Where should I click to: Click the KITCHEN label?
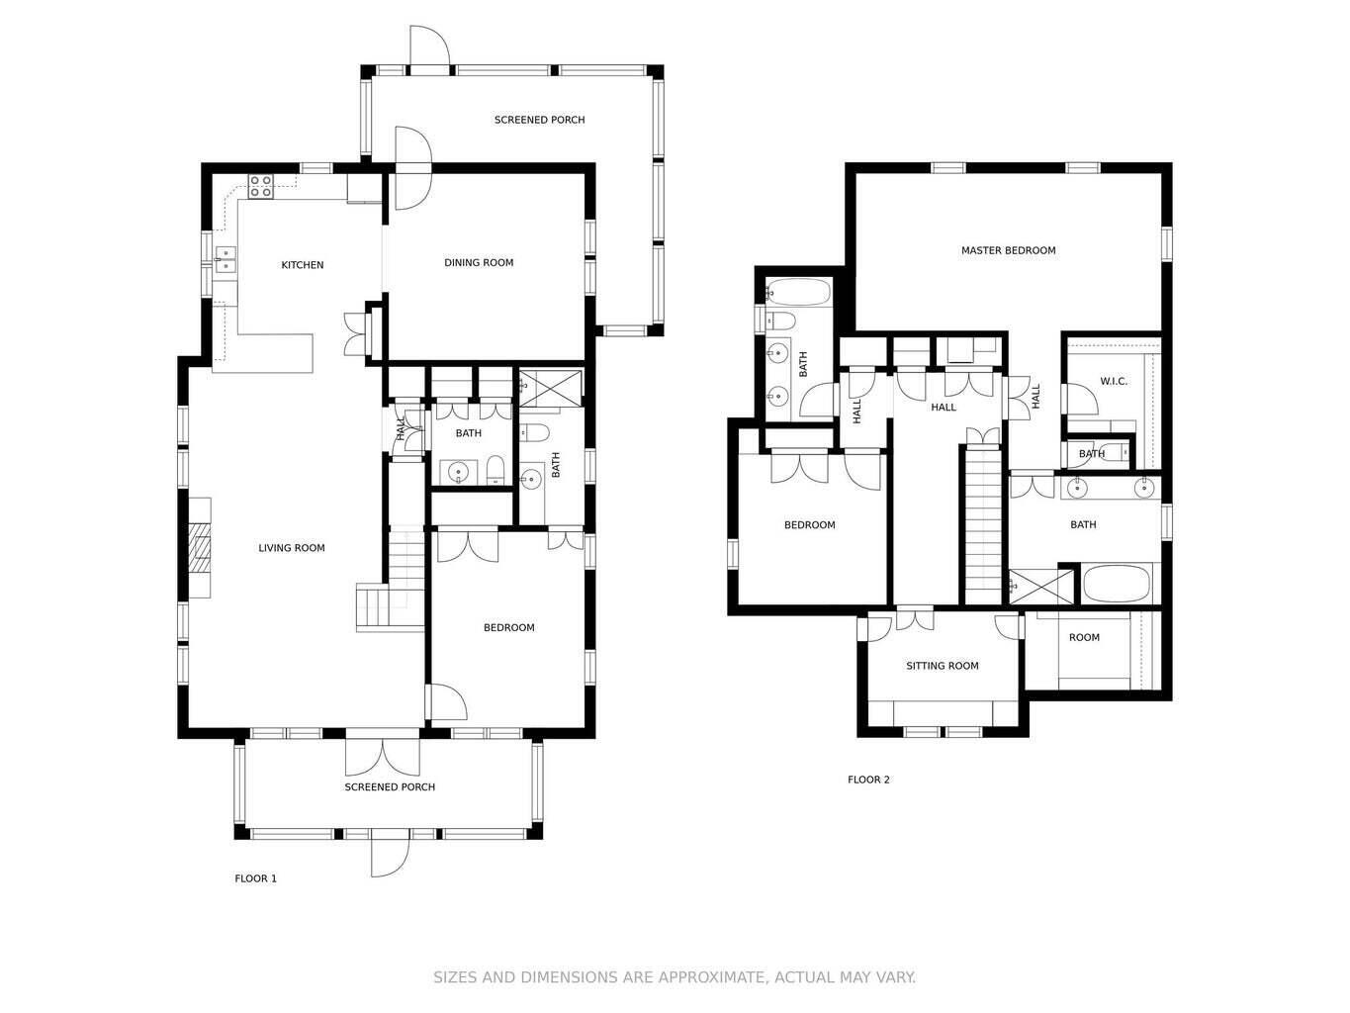click(x=302, y=265)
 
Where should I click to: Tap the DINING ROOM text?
click(x=479, y=263)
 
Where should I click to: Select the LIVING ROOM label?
click(x=292, y=548)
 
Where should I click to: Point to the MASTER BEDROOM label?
click(x=1008, y=251)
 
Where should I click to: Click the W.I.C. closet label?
click(x=1114, y=382)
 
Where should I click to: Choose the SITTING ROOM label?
click(x=942, y=667)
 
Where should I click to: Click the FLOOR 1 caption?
click(x=255, y=878)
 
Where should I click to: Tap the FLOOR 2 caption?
click(x=868, y=780)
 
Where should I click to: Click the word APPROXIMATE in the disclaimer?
click(x=692, y=977)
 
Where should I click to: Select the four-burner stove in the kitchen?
click(x=261, y=186)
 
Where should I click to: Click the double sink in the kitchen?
click(x=225, y=259)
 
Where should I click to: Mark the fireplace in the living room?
click(x=201, y=547)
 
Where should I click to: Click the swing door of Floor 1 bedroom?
click(x=448, y=701)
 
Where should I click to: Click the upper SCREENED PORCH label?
click(x=539, y=121)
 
